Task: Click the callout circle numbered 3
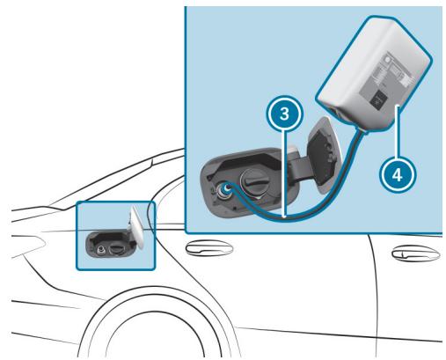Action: pyautogui.click(x=281, y=114)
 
